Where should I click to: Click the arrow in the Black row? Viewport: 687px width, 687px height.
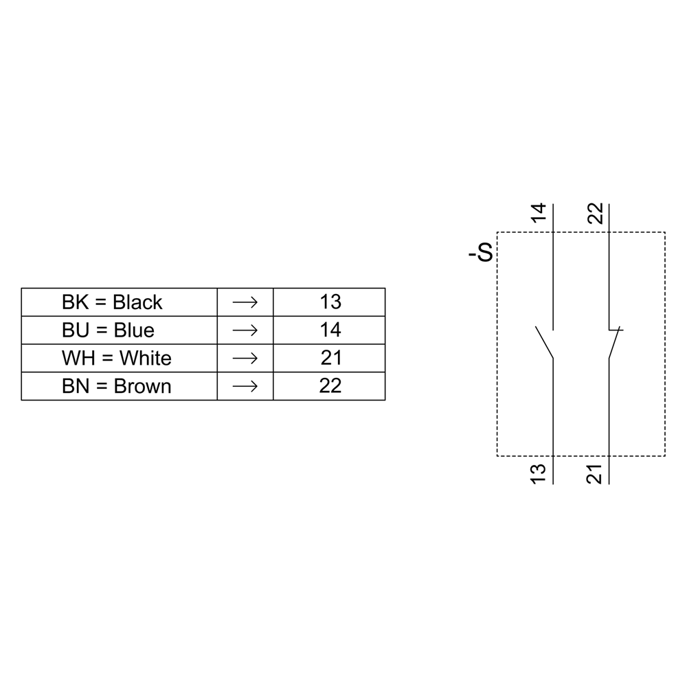click(245, 302)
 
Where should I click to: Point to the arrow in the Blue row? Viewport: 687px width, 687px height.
click(245, 330)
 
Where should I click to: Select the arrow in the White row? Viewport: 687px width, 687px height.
click(245, 359)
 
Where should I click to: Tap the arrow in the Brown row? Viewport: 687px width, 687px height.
click(245, 387)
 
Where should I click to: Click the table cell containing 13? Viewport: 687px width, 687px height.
click(330, 302)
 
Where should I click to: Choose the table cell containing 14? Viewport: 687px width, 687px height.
click(330, 330)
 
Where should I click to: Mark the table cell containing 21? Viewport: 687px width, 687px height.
click(330, 359)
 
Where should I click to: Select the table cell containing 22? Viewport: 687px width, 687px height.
click(330, 387)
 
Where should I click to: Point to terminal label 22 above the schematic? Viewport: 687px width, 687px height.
click(595, 214)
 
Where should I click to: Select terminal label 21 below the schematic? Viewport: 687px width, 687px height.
click(595, 473)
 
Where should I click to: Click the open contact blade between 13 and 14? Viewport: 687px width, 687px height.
click(544, 343)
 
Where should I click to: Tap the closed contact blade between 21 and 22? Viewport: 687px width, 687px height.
click(615, 343)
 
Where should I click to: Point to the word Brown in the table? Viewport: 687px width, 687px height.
click(142, 387)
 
